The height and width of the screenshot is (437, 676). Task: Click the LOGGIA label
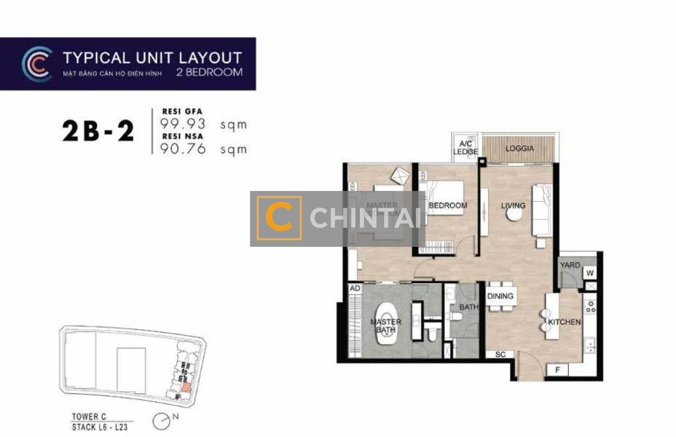(520, 149)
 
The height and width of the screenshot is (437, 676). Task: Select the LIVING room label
(514, 205)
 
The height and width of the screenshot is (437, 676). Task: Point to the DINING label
(500, 296)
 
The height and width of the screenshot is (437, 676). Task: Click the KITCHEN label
(565, 321)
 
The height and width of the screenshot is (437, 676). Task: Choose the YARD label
(570, 265)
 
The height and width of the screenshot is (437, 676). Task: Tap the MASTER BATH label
(386, 326)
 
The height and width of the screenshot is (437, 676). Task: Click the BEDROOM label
(447, 206)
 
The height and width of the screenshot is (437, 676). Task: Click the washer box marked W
(589, 274)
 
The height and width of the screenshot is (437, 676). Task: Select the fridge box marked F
(557, 369)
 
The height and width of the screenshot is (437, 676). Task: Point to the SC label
(500, 355)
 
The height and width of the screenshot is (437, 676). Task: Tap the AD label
(355, 288)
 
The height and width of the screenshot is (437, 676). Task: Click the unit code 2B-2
(98, 130)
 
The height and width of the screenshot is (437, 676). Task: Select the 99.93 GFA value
(178, 125)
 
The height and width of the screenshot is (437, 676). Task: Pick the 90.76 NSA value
(178, 149)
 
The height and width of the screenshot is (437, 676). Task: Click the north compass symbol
(161, 421)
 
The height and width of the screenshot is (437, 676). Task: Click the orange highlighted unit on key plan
(186, 387)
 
